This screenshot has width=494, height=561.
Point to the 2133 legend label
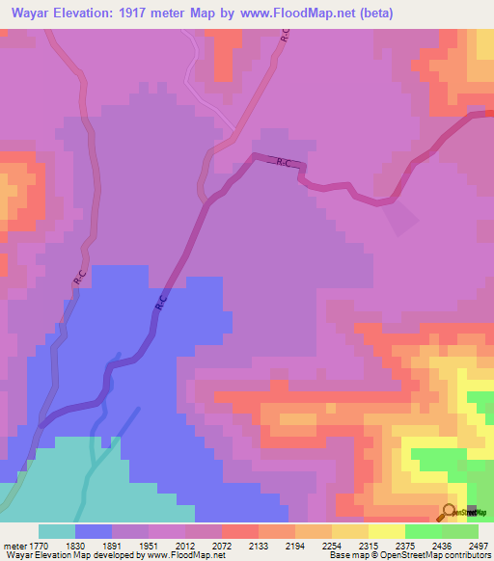(x=259, y=545)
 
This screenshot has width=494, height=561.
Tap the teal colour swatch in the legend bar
(x=57, y=531)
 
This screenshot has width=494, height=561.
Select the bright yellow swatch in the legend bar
(x=387, y=531)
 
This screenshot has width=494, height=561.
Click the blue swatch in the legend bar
(x=94, y=531)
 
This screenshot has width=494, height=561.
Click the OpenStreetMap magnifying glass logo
(x=448, y=512)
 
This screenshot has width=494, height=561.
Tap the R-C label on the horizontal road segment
(x=284, y=164)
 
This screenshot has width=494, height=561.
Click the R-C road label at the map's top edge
(x=285, y=36)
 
